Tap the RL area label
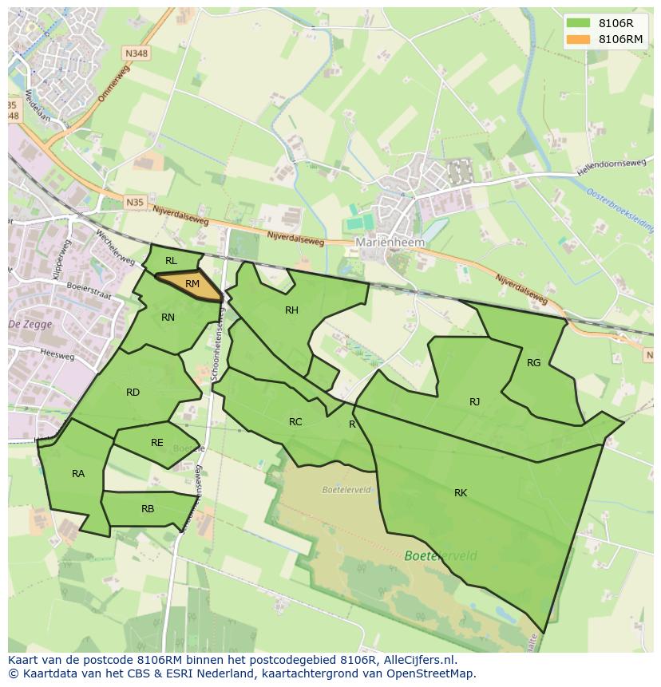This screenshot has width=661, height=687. (x=171, y=261)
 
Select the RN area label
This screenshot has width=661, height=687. (x=168, y=318)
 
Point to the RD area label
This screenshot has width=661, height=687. (x=133, y=392)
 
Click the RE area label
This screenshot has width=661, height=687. (x=156, y=443)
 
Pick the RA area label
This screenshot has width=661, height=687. (x=77, y=474)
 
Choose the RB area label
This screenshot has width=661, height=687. (x=147, y=509)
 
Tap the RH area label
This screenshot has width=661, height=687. (x=291, y=310)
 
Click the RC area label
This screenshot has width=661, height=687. (x=295, y=422)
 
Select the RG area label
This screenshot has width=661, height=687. (x=533, y=363)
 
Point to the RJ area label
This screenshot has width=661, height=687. (x=474, y=402)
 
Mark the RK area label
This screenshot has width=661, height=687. (x=460, y=493)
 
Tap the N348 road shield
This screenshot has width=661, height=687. (x=136, y=53)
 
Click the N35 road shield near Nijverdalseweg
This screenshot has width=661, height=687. (x=135, y=203)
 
